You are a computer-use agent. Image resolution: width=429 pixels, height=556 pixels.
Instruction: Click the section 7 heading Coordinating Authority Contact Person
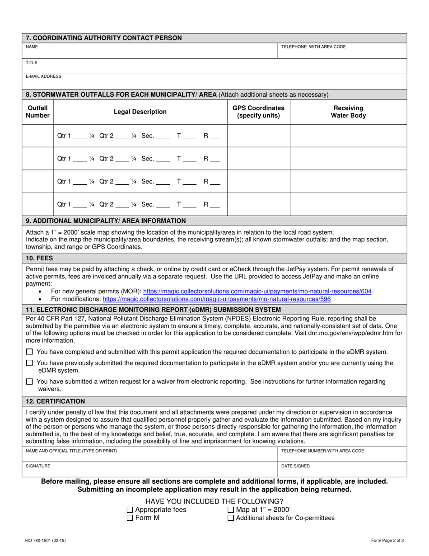(x=104, y=38)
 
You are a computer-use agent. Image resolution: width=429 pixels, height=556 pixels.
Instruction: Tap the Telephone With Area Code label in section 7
(x=313, y=47)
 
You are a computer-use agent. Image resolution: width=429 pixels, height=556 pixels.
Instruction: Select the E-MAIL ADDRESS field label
(x=43, y=76)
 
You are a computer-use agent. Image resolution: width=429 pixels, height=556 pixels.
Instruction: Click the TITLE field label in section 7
(x=32, y=63)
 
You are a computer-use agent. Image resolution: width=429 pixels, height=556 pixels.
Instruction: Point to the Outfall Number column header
(x=38, y=112)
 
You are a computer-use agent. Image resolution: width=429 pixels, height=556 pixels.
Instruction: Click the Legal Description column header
(x=140, y=112)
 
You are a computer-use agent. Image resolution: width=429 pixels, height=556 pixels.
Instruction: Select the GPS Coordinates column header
(x=258, y=112)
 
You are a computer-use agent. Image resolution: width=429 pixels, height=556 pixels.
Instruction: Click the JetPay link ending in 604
(x=257, y=292)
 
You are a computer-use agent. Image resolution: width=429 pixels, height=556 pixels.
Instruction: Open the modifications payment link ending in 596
(x=216, y=299)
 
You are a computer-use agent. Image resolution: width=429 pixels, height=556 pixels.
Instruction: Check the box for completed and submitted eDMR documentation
(x=30, y=352)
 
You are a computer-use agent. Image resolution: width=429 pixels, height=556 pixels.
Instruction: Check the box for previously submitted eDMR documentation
(x=30, y=363)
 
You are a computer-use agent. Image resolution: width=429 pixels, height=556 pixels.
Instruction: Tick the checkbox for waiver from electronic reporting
(x=30, y=382)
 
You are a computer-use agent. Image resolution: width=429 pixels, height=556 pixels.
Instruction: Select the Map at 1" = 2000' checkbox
(x=231, y=510)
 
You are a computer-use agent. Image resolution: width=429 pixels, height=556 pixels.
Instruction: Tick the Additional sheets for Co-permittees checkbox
(x=231, y=518)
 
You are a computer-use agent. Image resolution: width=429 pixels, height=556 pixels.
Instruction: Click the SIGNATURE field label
(x=38, y=466)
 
